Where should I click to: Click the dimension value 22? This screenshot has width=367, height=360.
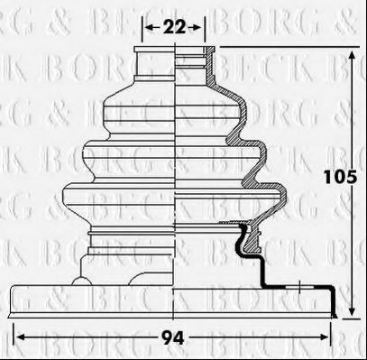click(x=175, y=28)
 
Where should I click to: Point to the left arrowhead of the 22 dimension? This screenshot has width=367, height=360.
click(x=147, y=28)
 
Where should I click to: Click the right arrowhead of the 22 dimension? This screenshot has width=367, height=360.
click(x=203, y=28)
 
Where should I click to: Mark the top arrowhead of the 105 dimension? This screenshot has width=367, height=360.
click(x=350, y=51)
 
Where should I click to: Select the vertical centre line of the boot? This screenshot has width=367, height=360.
click(x=175, y=180)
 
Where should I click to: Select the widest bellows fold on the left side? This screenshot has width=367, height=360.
click(x=69, y=198)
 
